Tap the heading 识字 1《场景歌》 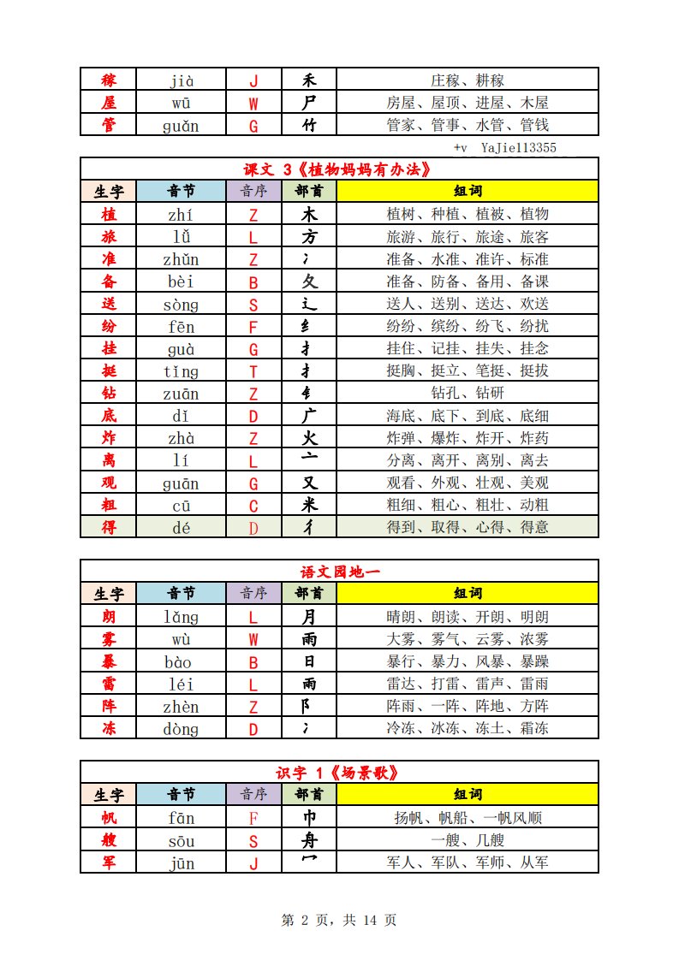(340, 773)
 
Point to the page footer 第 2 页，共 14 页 (339, 920)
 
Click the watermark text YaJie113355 (518, 148)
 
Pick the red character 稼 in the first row (109, 81)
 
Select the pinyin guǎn (181, 125)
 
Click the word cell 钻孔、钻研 (468, 393)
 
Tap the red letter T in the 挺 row (253, 371)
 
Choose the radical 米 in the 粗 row (309, 505)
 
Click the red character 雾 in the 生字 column (109, 639)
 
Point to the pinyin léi (181, 684)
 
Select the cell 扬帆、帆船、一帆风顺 (468, 818)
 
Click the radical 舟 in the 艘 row (309, 840)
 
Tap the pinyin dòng (181, 729)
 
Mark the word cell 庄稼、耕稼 (468, 81)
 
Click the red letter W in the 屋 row (253, 103)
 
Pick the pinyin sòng (181, 304)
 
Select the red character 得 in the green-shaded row (109, 527)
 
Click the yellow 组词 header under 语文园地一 (468, 594)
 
